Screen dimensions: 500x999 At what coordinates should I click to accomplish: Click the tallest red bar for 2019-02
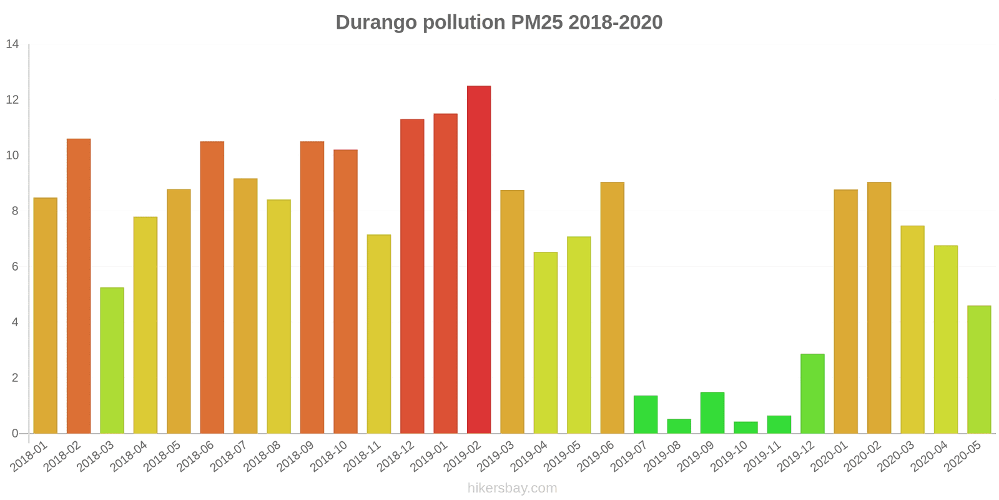[x=479, y=259]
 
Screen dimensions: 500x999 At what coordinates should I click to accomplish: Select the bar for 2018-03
[x=112, y=360]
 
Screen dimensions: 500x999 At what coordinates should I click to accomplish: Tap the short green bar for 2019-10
[x=746, y=427]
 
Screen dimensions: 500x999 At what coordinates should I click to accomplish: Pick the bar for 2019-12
[x=812, y=394]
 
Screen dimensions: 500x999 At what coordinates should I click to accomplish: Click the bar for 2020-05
[x=979, y=369]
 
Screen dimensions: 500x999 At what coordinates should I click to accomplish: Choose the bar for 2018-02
[x=79, y=286]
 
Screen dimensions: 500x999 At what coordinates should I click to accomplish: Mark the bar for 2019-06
[x=613, y=307]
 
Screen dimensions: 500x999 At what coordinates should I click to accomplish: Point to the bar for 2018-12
[x=412, y=276]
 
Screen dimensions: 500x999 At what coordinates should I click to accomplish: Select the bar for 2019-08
[x=679, y=426]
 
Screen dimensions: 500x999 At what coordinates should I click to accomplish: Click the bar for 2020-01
[x=845, y=311]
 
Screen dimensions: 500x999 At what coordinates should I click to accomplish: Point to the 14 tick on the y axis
[x=12, y=44]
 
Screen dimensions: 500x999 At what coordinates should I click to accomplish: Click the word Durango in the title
[x=376, y=22]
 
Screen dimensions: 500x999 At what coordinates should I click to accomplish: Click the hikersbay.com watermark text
[x=512, y=488]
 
